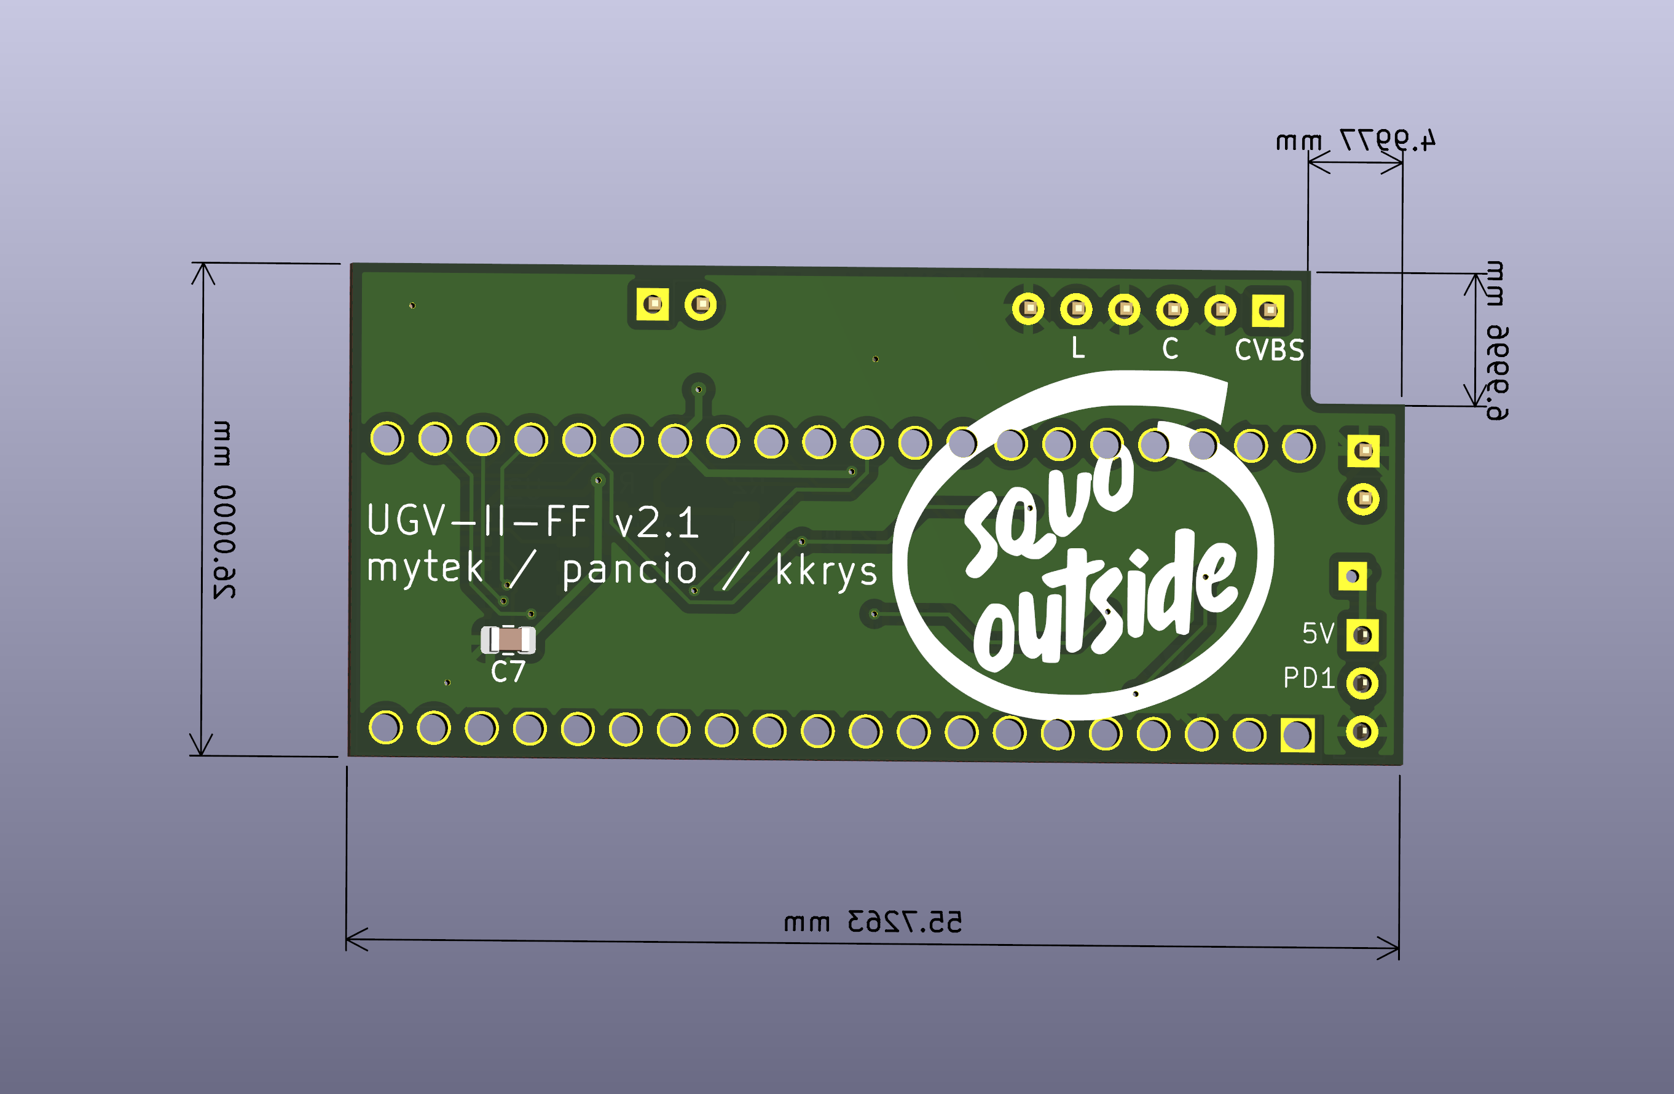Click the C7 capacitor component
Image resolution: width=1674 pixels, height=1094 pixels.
(x=508, y=640)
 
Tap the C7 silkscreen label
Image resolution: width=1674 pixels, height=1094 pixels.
(x=508, y=672)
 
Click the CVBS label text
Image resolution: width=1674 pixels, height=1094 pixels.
(x=1269, y=350)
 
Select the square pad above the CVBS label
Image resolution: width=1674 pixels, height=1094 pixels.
(x=1267, y=310)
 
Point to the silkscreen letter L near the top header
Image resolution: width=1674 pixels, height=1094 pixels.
(x=1077, y=347)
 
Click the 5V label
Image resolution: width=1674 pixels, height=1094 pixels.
(x=1318, y=634)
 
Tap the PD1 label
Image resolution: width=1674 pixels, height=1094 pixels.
(x=1308, y=678)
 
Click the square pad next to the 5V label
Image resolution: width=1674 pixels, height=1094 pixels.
(x=1362, y=636)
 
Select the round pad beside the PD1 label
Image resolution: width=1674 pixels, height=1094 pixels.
(x=1362, y=683)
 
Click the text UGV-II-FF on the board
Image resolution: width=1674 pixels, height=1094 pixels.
(x=478, y=521)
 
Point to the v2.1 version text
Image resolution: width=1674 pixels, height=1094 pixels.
(x=657, y=524)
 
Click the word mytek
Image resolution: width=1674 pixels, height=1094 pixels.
(x=425, y=569)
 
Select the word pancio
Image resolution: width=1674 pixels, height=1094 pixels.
(x=629, y=570)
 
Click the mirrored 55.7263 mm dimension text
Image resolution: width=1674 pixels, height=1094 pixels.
(x=872, y=922)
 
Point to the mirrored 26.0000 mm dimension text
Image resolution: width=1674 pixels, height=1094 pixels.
(x=224, y=510)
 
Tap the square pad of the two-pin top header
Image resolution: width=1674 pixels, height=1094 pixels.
(x=653, y=305)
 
